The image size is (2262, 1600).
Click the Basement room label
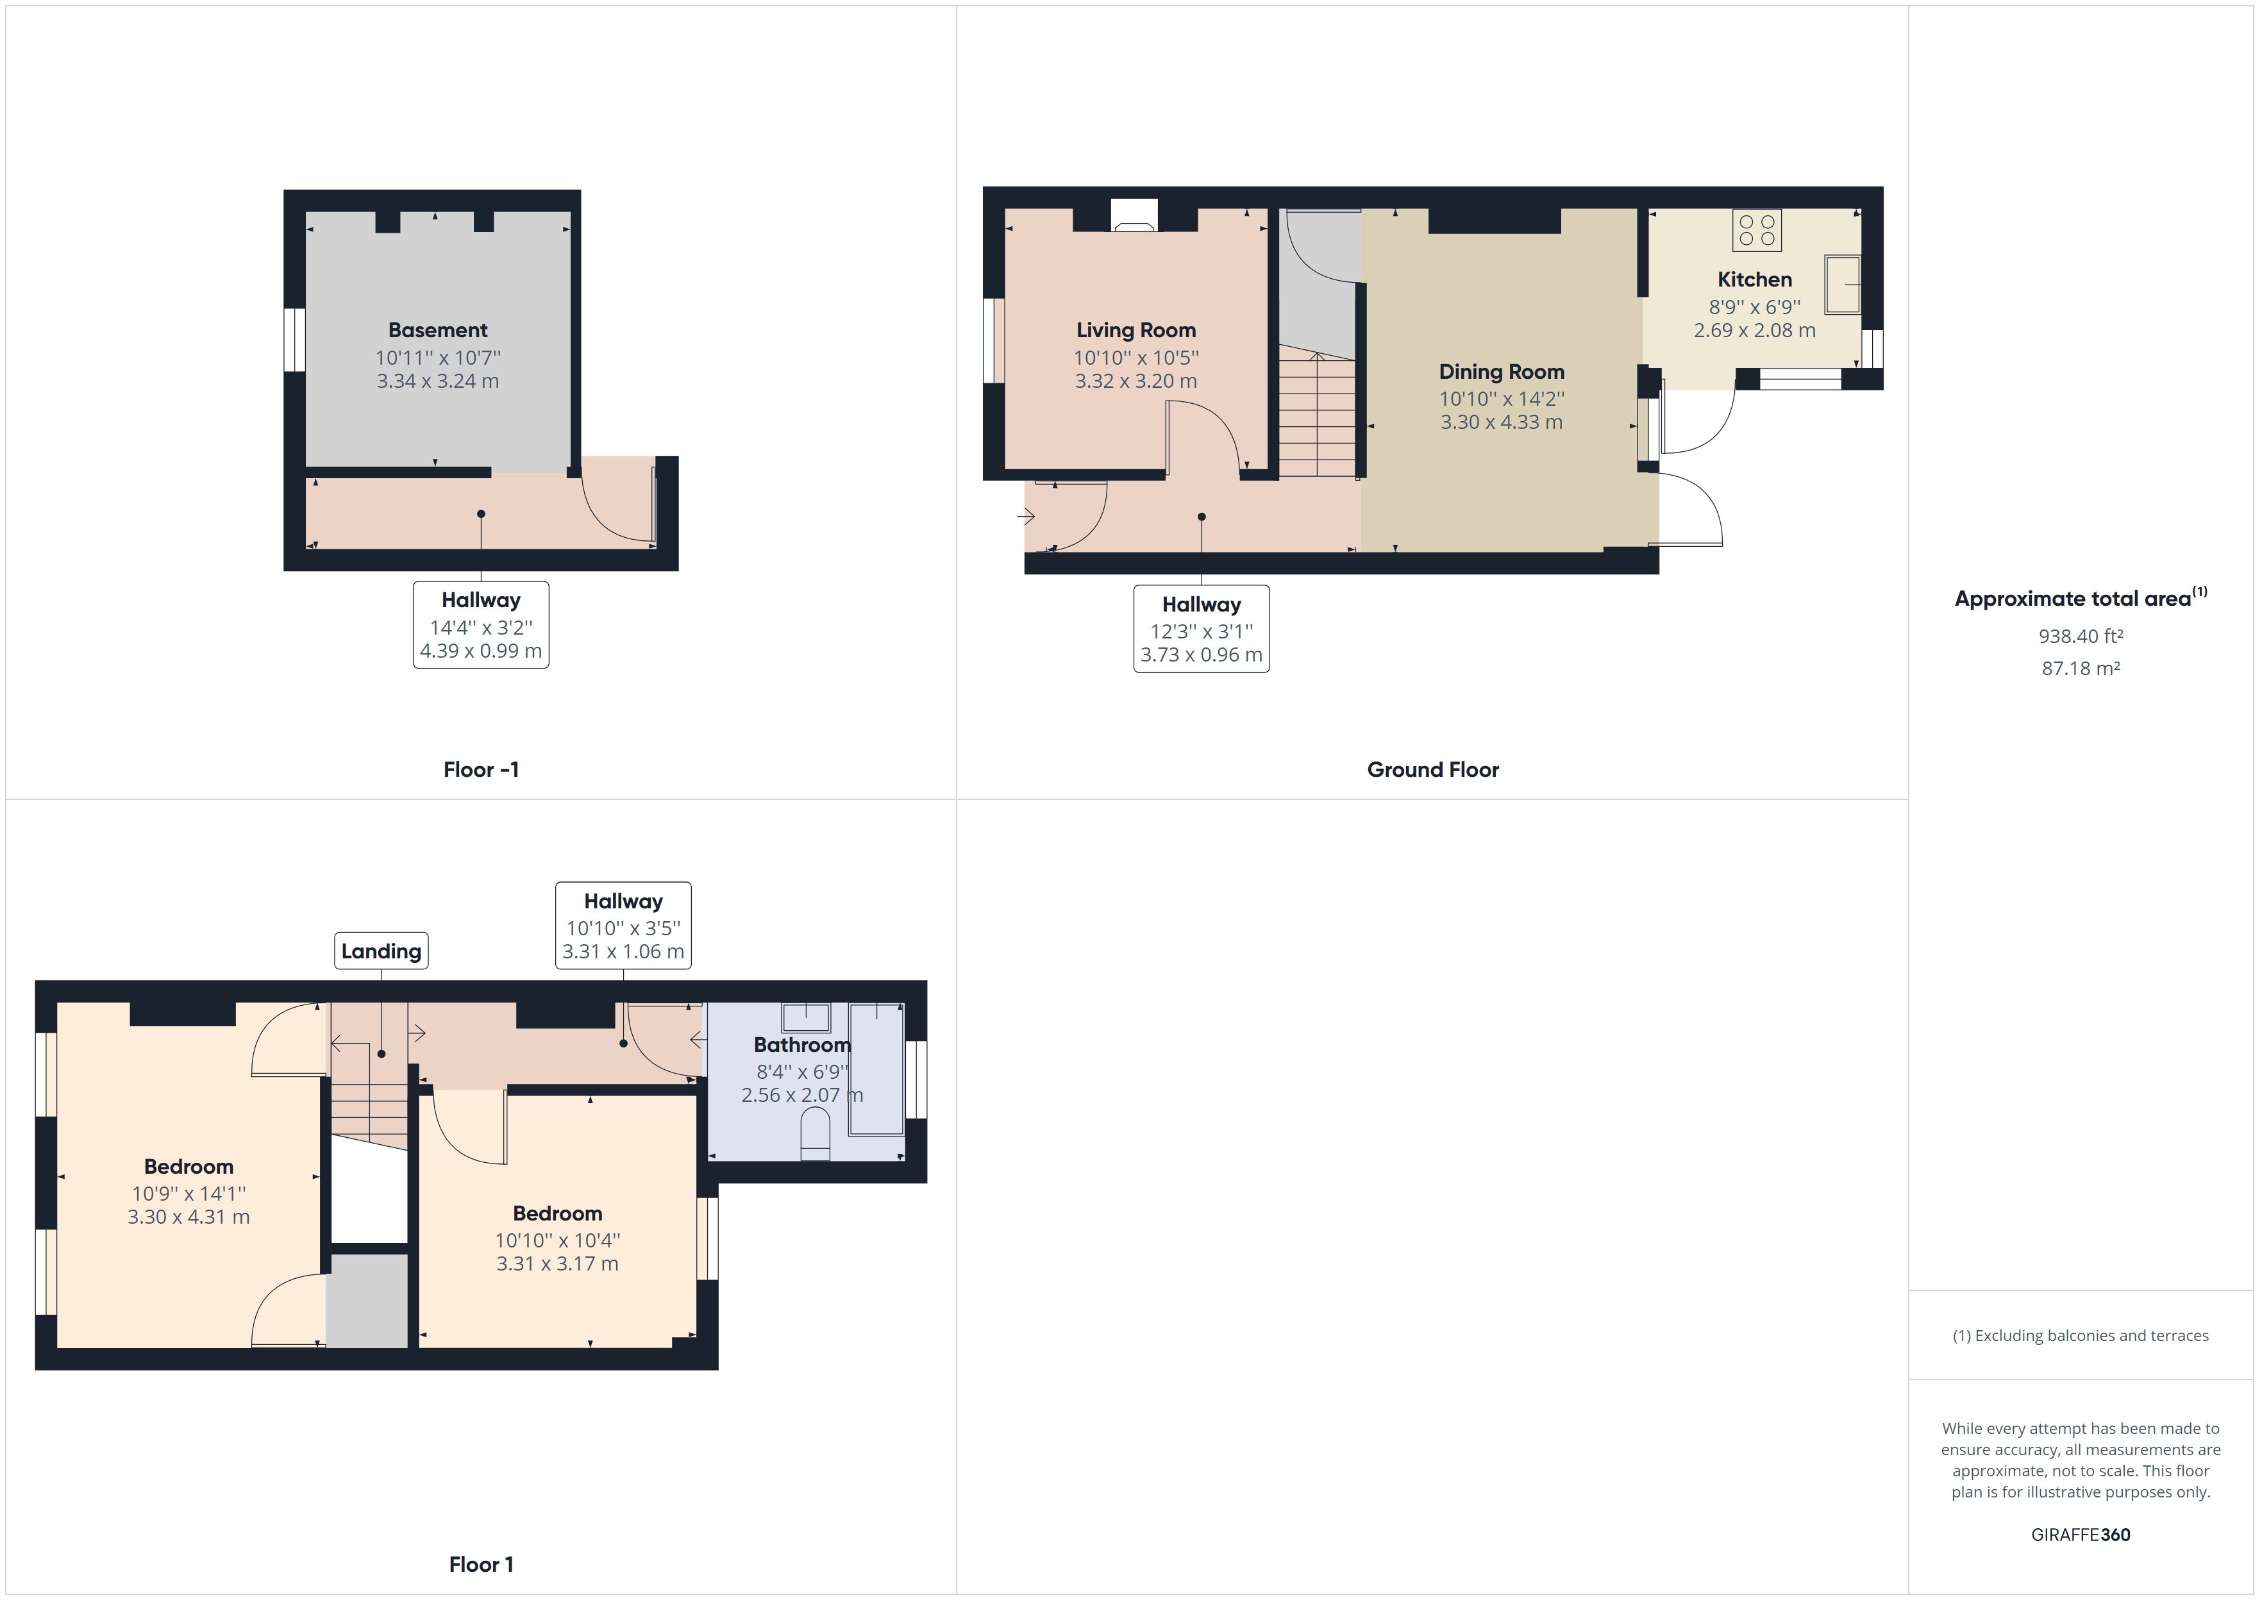point(437,330)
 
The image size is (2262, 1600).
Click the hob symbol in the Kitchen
point(1757,231)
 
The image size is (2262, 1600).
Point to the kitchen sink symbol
point(1842,285)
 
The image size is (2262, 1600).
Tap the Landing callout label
point(381,951)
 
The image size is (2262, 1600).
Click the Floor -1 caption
point(481,769)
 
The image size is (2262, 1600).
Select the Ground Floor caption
point(1432,769)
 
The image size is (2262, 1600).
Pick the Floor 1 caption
point(481,1563)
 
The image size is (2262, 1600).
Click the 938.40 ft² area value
point(2080,637)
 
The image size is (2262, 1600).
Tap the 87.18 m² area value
point(2080,668)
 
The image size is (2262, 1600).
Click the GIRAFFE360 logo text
point(2080,1534)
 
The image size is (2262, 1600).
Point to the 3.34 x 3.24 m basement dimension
point(437,381)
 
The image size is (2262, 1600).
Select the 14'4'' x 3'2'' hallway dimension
point(481,626)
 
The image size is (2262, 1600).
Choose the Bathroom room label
point(802,1044)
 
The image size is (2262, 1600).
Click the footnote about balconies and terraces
point(2080,1336)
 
